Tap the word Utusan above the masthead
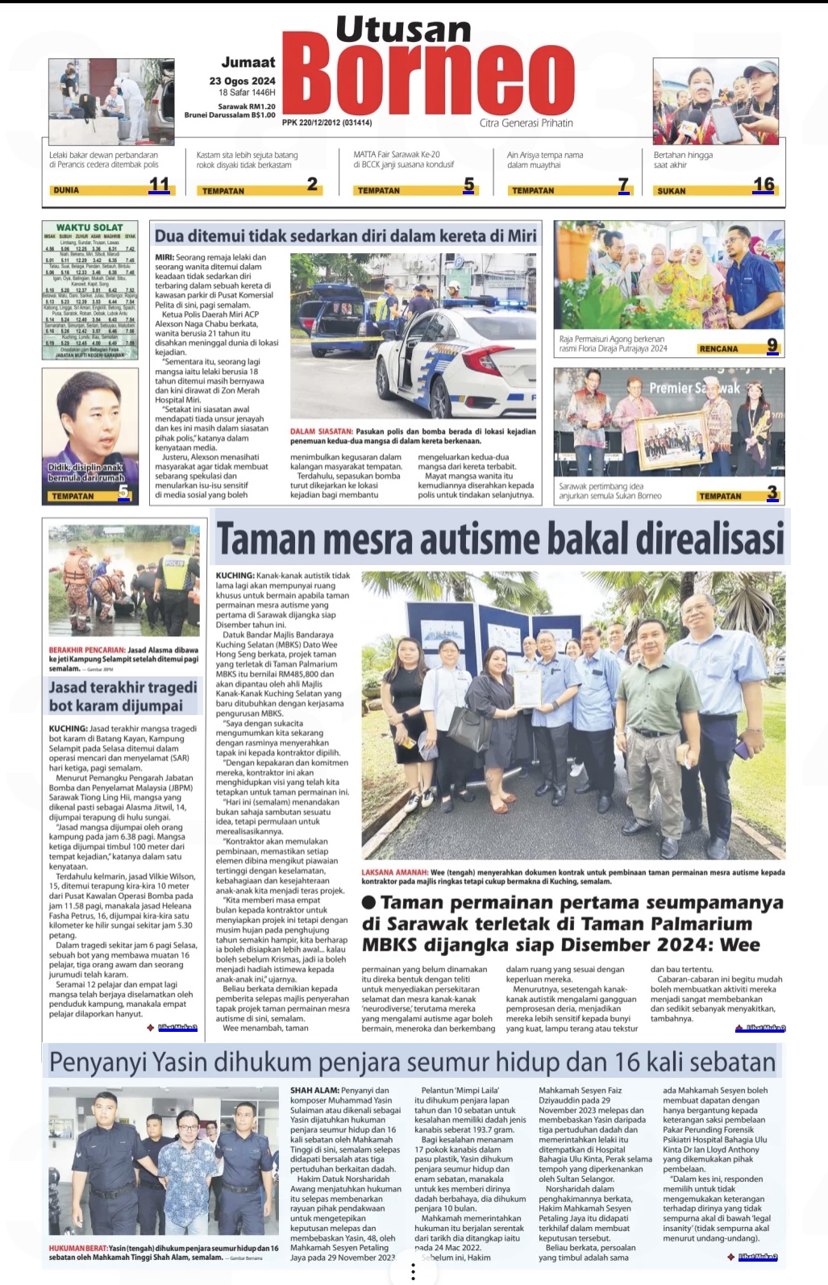403,30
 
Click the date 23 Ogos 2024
242,81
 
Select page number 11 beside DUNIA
159,185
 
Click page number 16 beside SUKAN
763,185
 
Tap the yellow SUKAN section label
672,191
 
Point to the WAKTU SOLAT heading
89,227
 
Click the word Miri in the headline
522,235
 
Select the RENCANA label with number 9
719,349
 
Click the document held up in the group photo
526,688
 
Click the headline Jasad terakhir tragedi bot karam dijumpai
123,696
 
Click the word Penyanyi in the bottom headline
95,1063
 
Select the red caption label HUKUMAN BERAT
77,1248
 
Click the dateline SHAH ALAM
314,1091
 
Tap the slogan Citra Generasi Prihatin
526,123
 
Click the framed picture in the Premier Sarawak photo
672,440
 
